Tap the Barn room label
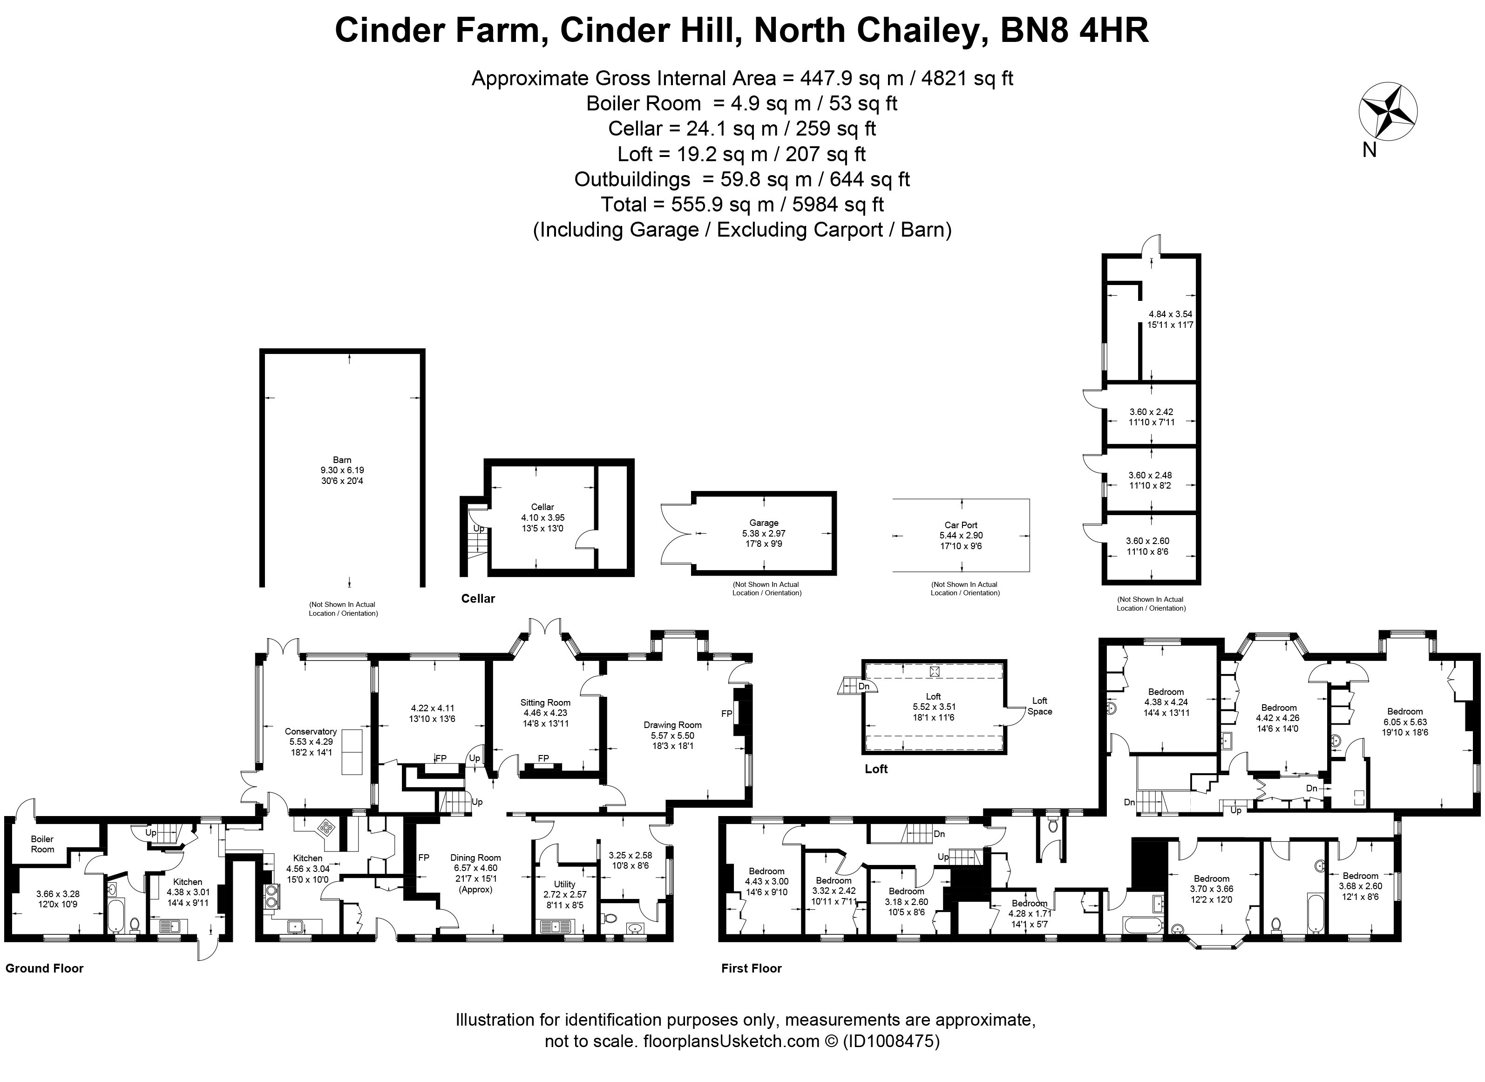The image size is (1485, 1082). [342, 461]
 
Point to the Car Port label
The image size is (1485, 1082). [961, 524]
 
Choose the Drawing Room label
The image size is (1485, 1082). [672, 725]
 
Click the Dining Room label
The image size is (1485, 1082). [475, 857]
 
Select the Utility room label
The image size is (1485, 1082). [564, 884]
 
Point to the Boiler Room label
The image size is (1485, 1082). [42, 844]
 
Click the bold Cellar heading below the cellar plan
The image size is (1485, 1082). [478, 599]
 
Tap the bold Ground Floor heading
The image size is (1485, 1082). [45, 968]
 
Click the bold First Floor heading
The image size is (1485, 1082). [751, 968]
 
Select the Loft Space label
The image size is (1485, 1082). [1040, 706]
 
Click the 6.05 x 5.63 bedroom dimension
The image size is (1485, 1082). [1404, 722]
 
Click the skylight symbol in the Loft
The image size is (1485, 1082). [934, 671]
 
